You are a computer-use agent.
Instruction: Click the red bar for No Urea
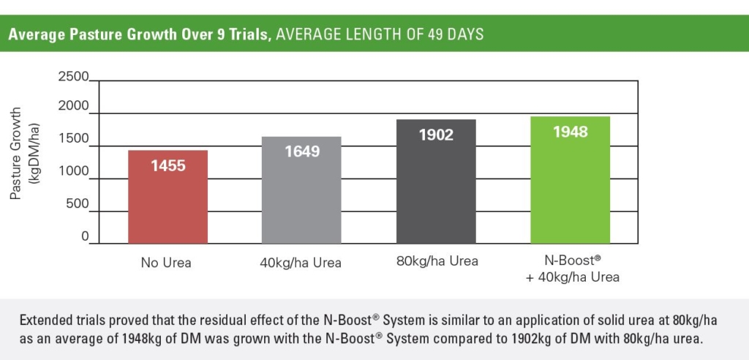(x=168, y=197)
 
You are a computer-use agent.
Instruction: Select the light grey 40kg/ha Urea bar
(x=301, y=190)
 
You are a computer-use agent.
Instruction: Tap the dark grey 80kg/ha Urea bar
(x=436, y=181)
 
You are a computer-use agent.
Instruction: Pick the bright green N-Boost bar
(x=571, y=180)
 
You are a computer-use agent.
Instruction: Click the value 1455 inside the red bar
(x=168, y=166)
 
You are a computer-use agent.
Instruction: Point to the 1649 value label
(x=302, y=151)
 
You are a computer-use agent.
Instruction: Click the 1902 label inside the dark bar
(x=436, y=135)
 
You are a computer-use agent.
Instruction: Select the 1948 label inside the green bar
(x=571, y=132)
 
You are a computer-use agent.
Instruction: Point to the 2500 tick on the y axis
(x=74, y=77)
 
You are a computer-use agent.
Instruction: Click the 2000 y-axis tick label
(x=74, y=107)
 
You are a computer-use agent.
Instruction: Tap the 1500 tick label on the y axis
(x=74, y=138)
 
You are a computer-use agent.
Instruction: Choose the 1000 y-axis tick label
(x=74, y=171)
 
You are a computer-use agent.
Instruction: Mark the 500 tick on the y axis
(x=78, y=203)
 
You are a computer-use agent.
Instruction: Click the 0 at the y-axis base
(x=85, y=236)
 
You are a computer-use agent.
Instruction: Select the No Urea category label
(x=166, y=263)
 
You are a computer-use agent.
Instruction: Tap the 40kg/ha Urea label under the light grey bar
(x=301, y=263)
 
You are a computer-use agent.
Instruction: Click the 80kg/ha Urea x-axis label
(x=437, y=261)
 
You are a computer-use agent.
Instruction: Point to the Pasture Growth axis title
(x=16, y=153)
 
